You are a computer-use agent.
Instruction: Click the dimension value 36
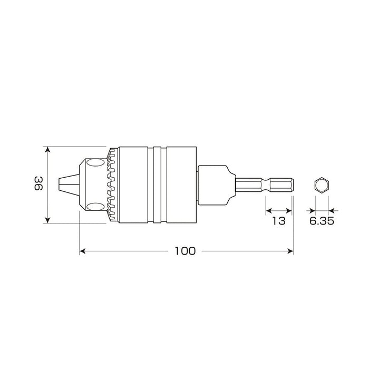38,184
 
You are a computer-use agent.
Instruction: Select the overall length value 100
186,251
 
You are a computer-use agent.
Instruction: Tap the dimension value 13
278,221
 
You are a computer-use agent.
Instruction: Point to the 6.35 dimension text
321,221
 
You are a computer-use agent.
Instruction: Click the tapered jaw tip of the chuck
67,184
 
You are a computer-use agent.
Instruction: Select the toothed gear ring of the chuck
111,184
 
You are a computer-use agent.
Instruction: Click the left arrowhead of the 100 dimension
82,251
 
